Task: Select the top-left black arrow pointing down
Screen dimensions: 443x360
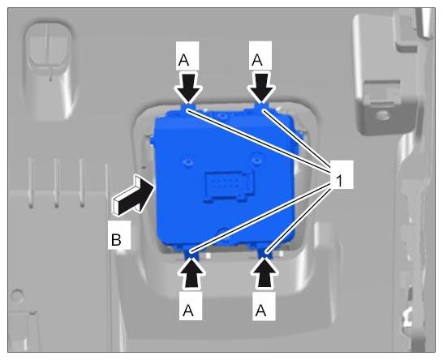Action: tap(188, 88)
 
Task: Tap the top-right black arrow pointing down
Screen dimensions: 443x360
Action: tap(261, 88)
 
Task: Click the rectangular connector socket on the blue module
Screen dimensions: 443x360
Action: tap(228, 186)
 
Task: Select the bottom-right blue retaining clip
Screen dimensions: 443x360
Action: tap(265, 252)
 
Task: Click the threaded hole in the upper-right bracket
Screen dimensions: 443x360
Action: tap(382, 115)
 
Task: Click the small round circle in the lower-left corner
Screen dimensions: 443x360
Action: tap(17, 294)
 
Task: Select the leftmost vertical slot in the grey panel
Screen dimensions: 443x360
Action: tap(31, 183)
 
